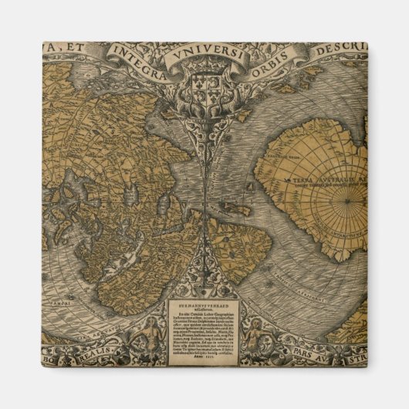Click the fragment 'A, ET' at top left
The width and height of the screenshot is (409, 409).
click(x=64, y=50)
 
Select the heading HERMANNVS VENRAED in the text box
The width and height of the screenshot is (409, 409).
click(x=204, y=306)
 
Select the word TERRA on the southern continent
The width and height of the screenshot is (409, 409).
click(x=305, y=179)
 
